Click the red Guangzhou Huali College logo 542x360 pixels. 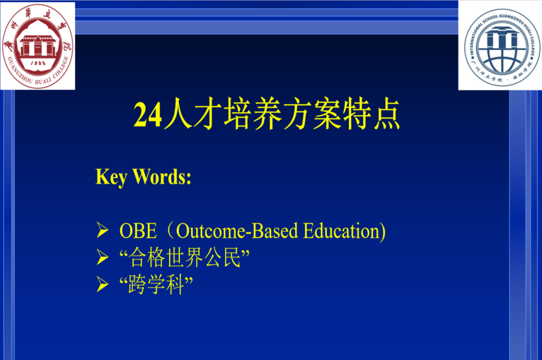pos(38,46)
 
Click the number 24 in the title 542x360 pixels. pos(147,115)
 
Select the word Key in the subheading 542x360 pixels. pos(111,177)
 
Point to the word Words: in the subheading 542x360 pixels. pos(162,177)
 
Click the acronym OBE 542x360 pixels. pos(138,231)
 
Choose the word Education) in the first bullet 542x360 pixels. pos(344,231)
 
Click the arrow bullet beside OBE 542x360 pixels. pos(102,230)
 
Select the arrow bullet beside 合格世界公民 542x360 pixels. pos(102,257)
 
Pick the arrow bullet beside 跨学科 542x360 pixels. pos(102,284)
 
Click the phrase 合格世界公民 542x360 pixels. pos(185,257)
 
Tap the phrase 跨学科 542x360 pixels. pos(156,285)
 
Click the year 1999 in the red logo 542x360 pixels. pos(38,63)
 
